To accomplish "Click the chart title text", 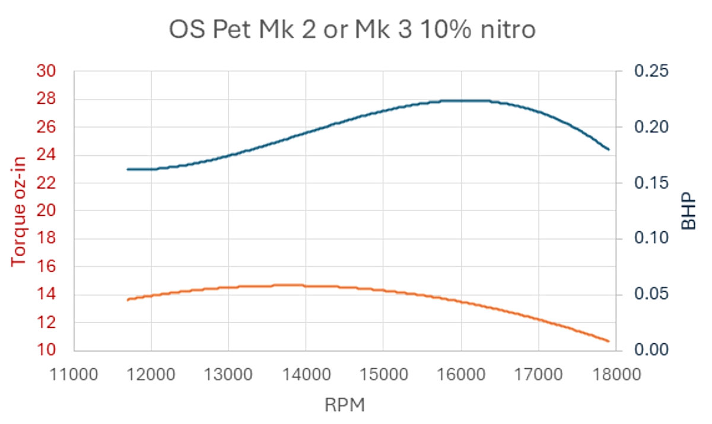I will click(352, 30).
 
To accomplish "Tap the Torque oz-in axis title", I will click(20, 211).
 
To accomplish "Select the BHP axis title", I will click(688, 211).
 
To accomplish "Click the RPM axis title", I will click(344, 406).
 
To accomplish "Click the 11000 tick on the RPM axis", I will click(74, 375).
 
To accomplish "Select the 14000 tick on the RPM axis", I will click(306, 375).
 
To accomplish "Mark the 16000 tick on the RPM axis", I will click(460, 375).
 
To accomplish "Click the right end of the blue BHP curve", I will click(609, 149).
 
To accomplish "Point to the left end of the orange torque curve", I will click(128, 300).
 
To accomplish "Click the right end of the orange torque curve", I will click(609, 341).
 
